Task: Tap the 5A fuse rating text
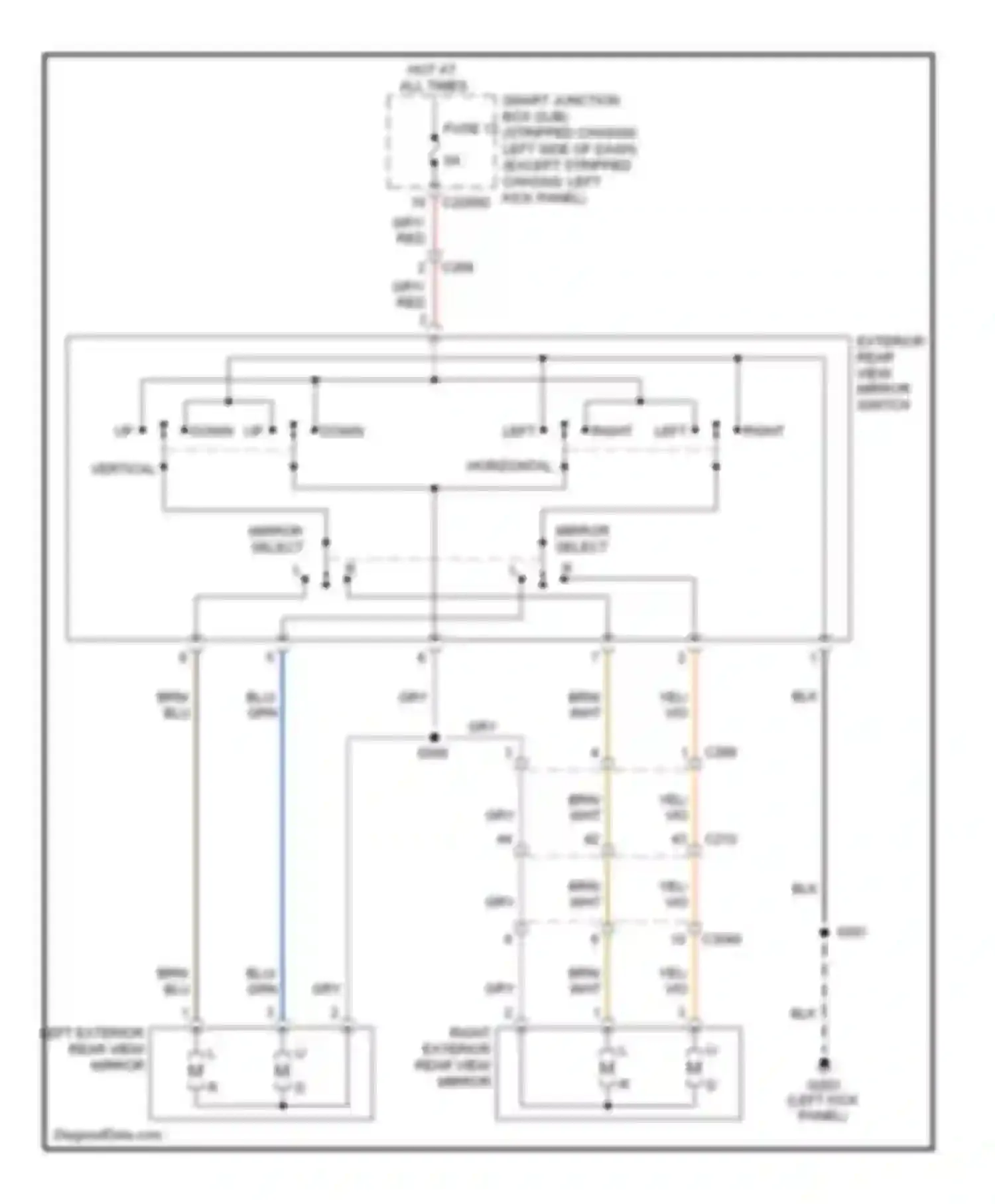(452, 161)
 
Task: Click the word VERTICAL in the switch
(123, 469)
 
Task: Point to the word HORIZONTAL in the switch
(509, 466)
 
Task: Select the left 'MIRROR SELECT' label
(276, 539)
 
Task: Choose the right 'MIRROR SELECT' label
(582, 539)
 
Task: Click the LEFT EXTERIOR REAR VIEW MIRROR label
(92, 1049)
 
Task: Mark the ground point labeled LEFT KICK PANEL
(823, 1065)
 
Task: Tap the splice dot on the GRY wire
(434, 737)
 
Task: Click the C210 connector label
(720, 840)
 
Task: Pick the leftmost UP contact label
(123, 431)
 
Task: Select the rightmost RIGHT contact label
(763, 431)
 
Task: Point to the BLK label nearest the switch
(804, 696)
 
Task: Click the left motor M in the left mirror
(195, 1070)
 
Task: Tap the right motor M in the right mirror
(694, 1068)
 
